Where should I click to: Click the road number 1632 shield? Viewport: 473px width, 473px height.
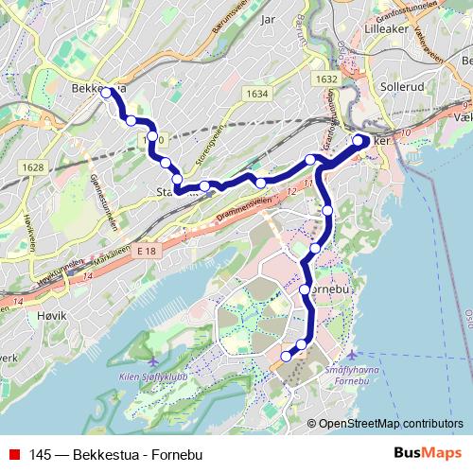click(327, 80)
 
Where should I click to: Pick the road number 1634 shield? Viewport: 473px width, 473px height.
click(255, 95)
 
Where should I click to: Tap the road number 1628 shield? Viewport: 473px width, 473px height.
click(32, 167)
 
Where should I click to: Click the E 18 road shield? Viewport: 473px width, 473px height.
click(145, 251)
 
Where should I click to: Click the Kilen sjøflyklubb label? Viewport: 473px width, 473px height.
click(154, 376)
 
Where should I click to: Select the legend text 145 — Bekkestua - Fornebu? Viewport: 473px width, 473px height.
click(116, 455)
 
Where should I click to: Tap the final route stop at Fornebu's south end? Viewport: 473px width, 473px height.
click(286, 357)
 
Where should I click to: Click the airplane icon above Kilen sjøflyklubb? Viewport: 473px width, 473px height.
click(154, 360)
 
